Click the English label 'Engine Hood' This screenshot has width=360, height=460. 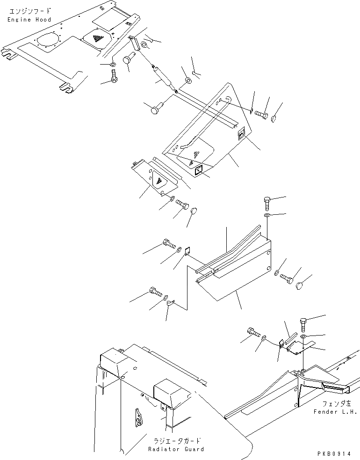click(29, 20)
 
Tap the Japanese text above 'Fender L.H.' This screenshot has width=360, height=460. click(334, 402)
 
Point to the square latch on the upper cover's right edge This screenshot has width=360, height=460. click(240, 135)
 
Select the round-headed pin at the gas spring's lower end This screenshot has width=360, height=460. click(156, 109)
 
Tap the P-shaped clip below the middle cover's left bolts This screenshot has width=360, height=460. click(170, 305)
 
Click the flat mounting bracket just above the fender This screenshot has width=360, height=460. click(300, 347)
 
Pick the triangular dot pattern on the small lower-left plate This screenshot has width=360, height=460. click(158, 181)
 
